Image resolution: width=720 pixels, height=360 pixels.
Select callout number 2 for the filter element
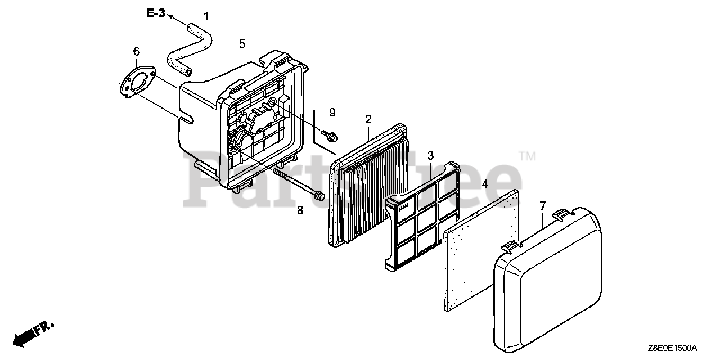pos(368,119)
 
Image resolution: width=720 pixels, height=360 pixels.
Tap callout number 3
pos(430,155)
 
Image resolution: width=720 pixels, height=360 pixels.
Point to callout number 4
pos(484,184)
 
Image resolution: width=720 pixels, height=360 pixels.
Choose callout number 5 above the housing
pos(242,43)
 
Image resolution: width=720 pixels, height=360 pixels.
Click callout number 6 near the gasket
pos(136,52)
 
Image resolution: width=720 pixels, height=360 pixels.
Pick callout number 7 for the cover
pos(542,206)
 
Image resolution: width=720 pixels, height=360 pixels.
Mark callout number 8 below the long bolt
pos(300,210)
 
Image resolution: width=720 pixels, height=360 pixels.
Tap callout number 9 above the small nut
pos(332,112)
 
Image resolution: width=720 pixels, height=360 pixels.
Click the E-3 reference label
pos(156,14)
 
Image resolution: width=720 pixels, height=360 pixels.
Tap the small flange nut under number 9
pos(331,135)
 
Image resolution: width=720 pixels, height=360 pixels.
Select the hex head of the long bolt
pos(319,196)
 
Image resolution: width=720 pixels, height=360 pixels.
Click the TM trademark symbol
pos(526,156)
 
